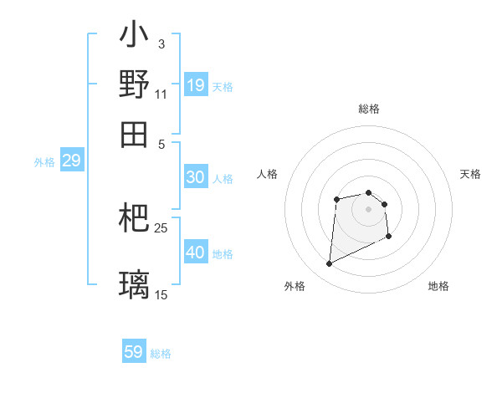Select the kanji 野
[134, 84]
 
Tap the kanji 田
[134, 134]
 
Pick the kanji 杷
[134, 218]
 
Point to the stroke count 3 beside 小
[161, 43]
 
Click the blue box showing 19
[196, 85]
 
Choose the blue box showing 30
[195, 177]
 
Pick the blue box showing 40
[195, 253]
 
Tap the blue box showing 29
[71, 161]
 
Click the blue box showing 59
[134, 352]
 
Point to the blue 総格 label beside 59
[161, 354]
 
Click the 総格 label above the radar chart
[369, 109]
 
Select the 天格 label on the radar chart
[470, 174]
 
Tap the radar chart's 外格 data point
[329, 264]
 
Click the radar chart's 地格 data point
[390, 237]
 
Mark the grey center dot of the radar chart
[369, 208]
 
